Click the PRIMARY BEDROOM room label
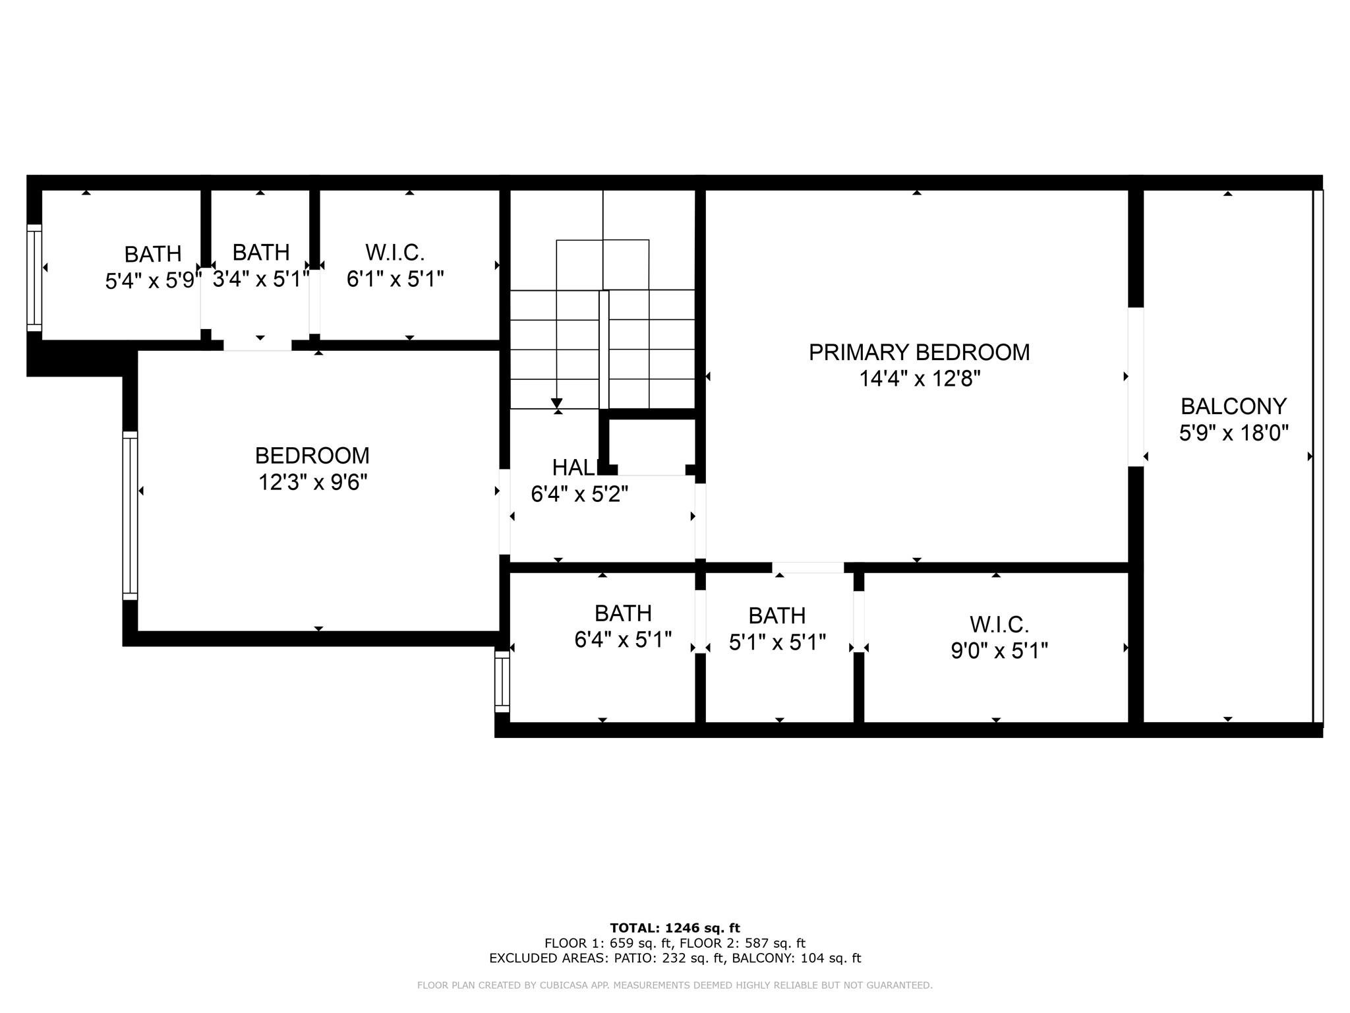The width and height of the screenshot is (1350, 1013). pyautogui.click(x=919, y=352)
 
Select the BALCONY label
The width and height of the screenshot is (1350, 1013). pyautogui.click(x=1233, y=406)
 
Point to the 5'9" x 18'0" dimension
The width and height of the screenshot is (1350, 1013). pyautogui.click(x=1233, y=433)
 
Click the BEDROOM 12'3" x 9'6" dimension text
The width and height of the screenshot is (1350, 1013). pyautogui.click(x=312, y=483)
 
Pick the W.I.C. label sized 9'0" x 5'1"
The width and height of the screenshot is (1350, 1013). pyautogui.click(x=999, y=624)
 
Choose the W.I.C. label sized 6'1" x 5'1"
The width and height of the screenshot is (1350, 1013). pyautogui.click(x=395, y=252)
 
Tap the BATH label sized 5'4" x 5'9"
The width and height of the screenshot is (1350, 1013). pyautogui.click(x=153, y=254)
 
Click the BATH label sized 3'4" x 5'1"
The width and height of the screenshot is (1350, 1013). pyautogui.click(x=261, y=252)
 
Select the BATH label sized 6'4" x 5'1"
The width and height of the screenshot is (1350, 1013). pyautogui.click(x=623, y=613)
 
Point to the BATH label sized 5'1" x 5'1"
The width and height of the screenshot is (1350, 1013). pyautogui.click(x=777, y=615)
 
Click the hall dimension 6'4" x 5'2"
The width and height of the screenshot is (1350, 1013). pyautogui.click(x=579, y=494)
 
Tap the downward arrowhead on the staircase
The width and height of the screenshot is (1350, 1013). pyautogui.click(x=556, y=403)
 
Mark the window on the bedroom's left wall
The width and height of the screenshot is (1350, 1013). pyautogui.click(x=130, y=516)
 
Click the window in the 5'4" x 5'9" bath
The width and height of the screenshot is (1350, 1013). pyautogui.click(x=34, y=278)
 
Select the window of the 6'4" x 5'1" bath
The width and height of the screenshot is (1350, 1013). pyautogui.click(x=502, y=681)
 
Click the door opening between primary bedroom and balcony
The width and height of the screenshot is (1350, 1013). pyautogui.click(x=1134, y=386)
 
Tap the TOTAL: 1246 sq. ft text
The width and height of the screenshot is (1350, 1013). pyautogui.click(x=675, y=928)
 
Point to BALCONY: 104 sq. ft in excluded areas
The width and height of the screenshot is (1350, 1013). pyautogui.click(x=796, y=958)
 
